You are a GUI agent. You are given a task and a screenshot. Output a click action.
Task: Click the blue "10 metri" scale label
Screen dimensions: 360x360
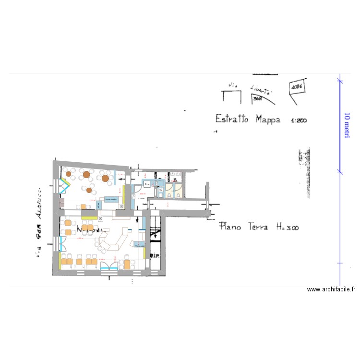click(x=347, y=126)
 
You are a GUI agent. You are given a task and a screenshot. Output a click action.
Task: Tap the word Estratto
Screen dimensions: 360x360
click(x=231, y=119)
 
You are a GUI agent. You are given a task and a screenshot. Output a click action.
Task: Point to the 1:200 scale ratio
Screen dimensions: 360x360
click(x=299, y=120)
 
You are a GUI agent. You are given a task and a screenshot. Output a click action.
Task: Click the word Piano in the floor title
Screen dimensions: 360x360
click(x=229, y=226)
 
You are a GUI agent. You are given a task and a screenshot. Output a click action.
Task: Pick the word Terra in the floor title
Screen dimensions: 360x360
click(x=258, y=227)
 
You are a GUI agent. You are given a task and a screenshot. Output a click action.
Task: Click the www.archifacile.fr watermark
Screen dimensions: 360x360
click(x=331, y=289)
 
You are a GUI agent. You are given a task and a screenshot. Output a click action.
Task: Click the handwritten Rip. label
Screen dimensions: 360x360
click(x=155, y=256)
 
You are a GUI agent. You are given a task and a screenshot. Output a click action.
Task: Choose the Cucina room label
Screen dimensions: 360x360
click(x=141, y=198)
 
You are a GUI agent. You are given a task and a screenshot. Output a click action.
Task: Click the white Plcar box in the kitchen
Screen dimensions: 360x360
click(x=147, y=183)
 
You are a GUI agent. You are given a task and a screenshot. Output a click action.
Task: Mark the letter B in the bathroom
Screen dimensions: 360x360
click(x=175, y=180)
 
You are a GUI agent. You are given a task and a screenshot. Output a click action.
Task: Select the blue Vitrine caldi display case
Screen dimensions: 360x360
click(x=140, y=246)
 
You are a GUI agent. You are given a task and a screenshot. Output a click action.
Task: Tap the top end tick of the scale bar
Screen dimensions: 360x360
click(x=340, y=80)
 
